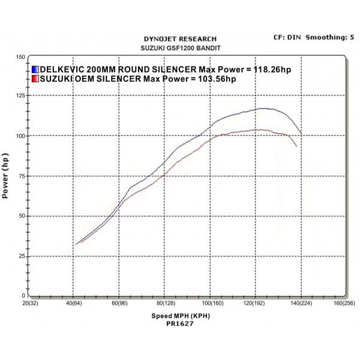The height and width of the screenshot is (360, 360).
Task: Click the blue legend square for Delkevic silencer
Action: click(x=35, y=70)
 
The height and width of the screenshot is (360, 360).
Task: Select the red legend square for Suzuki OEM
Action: click(x=35, y=79)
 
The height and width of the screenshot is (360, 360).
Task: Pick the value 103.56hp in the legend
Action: click(x=214, y=79)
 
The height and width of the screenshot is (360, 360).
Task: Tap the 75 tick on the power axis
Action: click(x=21, y=176)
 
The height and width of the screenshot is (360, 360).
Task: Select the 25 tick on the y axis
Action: click(x=21, y=256)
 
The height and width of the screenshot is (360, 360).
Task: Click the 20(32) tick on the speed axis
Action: click(x=31, y=303)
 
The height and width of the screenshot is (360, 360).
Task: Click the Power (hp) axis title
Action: click(x=6, y=175)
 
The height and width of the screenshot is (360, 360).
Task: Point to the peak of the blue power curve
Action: click(x=262, y=108)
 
